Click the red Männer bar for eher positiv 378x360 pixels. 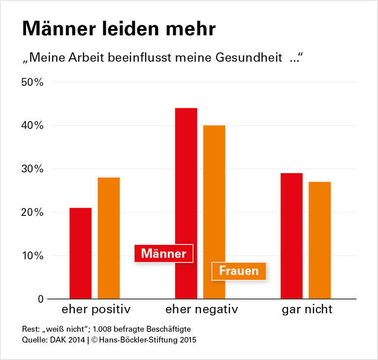tap(80, 253)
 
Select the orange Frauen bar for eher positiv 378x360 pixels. tap(109, 238)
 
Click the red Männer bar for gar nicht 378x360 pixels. tap(291, 236)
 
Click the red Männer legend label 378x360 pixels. tap(164, 254)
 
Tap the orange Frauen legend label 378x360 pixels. tap(239, 271)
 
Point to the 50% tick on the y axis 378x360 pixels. tap(32, 82)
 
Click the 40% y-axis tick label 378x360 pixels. tap(32, 125)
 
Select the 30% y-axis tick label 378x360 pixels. tap(32, 169)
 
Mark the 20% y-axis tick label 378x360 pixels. tap(32, 212)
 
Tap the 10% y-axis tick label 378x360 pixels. tap(32, 256)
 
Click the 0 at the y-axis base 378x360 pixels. tap(41, 299)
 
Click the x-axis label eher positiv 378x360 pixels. tap(96, 310)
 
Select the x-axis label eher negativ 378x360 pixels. tap(201, 310)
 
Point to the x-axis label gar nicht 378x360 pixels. tap(307, 310)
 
